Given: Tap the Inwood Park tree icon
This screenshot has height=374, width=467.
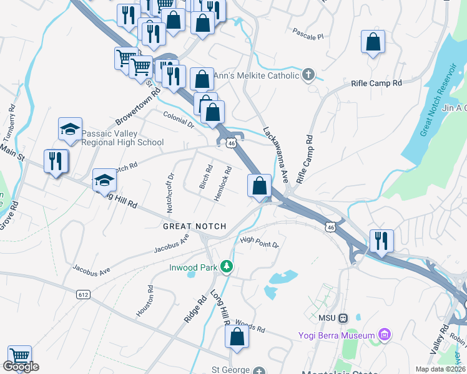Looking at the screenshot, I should [x=227, y=267].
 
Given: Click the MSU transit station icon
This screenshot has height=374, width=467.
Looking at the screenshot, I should [x=343, y=318].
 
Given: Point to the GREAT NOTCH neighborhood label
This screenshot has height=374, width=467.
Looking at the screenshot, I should [x=194, y=226].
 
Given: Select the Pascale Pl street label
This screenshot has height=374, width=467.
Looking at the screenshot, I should [x=308, y=33].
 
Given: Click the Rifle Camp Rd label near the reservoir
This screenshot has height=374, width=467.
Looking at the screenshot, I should [x=376, y=83].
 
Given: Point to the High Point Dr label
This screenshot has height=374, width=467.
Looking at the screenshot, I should [x=259, y=242].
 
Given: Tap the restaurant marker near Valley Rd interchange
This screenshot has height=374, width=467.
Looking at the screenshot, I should [x=380, y=241].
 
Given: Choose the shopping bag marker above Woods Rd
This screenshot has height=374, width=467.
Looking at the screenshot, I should [x=237, y=337].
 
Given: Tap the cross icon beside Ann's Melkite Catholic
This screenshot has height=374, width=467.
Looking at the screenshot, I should [x=307, y=75].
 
